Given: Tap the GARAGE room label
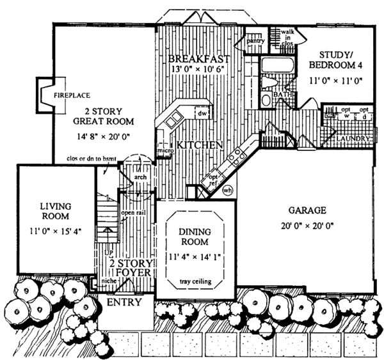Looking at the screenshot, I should pyautogui.click(x=307, y=209).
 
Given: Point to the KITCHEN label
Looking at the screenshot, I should pyautogui.click(x=200, y=146).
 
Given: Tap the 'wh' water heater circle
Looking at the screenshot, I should pyautogui.click(x=227, y=190).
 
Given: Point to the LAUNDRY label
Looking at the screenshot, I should pyautogui.click(x=353, y=137).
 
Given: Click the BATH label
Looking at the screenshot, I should pyautogui.click(x=283, y=95).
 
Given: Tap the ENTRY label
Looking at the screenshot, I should pyautogui.click(x=124, y=301).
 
